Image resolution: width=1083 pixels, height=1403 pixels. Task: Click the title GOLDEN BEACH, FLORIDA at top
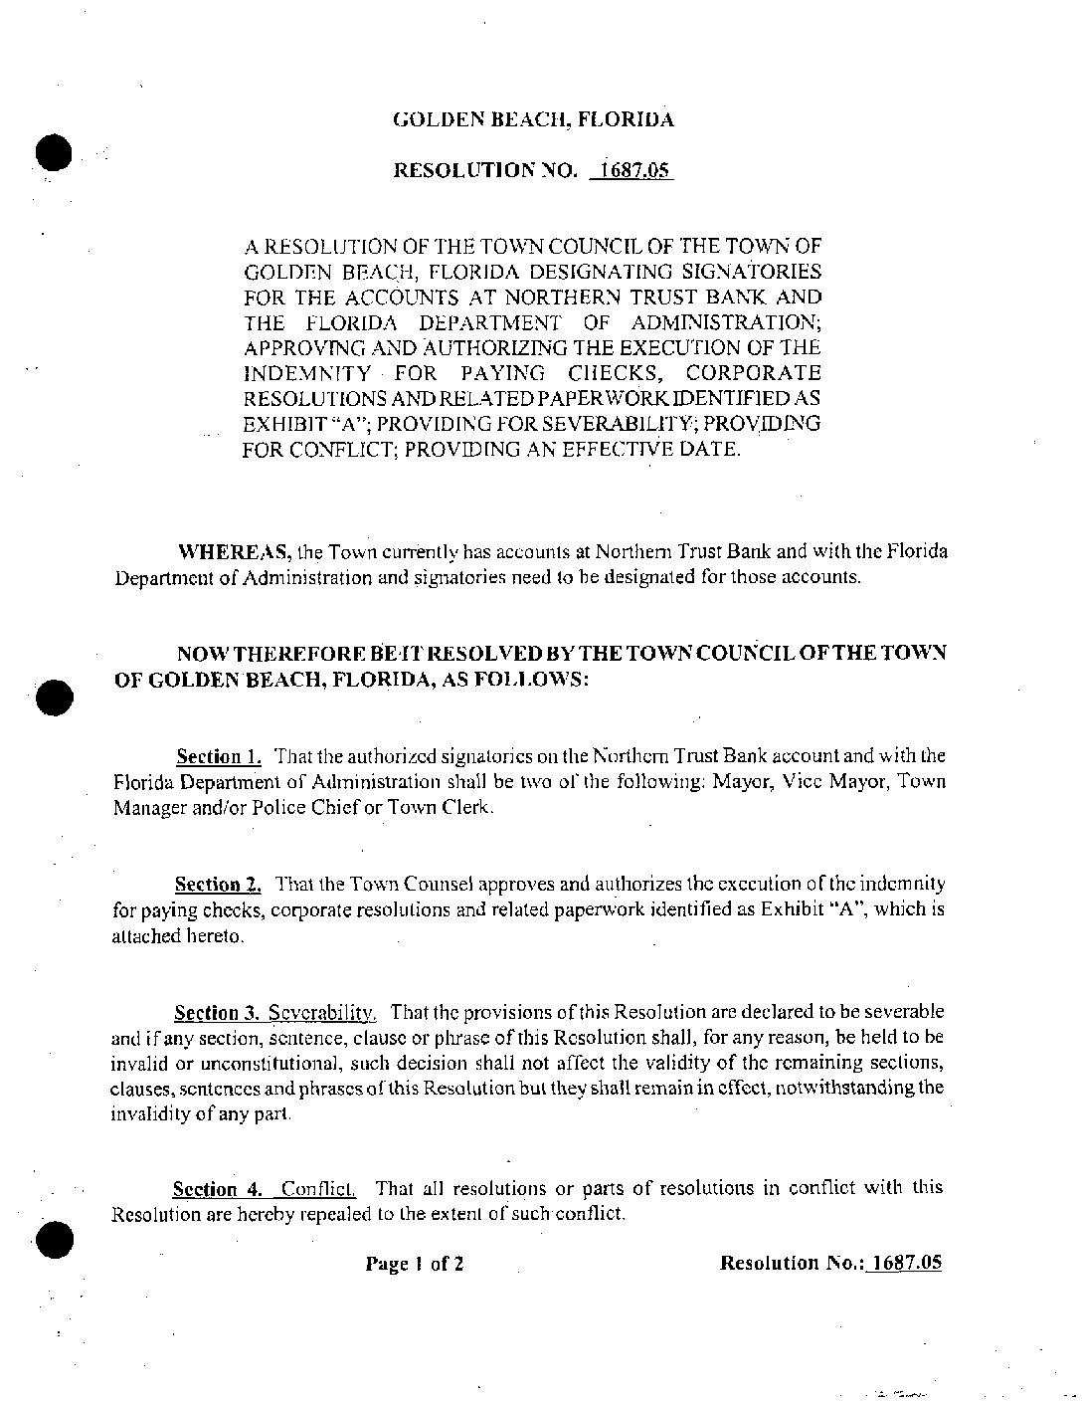(x=533, y=120)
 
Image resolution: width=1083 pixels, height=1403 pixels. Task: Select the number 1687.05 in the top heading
(x=632, y=170)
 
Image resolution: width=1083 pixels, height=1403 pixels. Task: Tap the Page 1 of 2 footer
(x=414, y=1265)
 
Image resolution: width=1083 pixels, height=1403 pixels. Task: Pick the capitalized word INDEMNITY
(x=306, y=373)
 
